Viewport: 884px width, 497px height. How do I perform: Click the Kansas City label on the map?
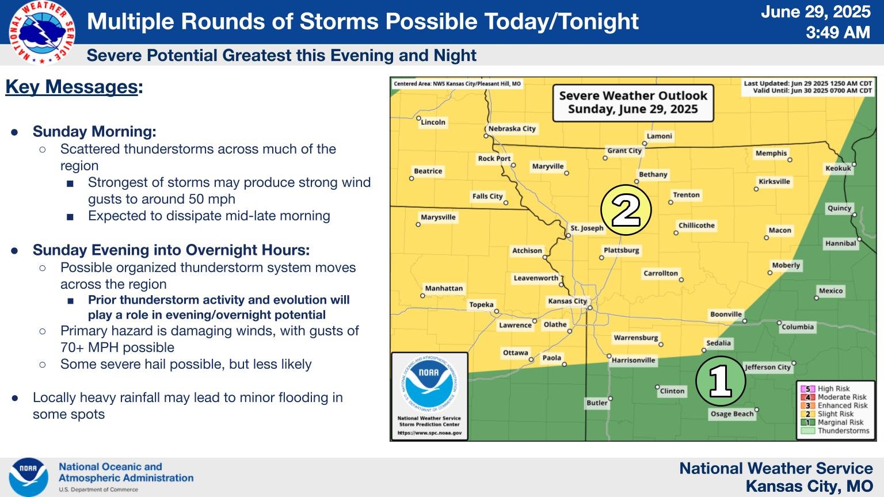[567, 301]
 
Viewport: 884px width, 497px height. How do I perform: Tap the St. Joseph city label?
[587, 228]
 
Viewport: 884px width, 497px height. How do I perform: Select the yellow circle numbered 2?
[626, 210]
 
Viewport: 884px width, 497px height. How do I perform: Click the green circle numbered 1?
[721, 381]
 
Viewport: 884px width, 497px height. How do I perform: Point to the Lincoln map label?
[433, 123]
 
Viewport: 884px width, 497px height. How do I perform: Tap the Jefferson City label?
[768, 367]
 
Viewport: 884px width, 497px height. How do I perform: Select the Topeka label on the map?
[482, 304]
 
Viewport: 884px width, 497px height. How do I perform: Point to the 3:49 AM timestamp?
[838, 32]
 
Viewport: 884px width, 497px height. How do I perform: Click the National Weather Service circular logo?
[42, 32]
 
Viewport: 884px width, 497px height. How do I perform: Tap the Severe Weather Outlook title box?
[633, 102]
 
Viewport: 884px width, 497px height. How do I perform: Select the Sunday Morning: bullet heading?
[94, 131]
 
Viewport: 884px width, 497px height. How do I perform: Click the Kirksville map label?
[774, 181]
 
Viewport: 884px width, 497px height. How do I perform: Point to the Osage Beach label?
[732, 414]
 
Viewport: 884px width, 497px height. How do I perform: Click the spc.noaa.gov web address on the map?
[429, 433]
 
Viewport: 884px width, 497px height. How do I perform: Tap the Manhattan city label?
[444, 288]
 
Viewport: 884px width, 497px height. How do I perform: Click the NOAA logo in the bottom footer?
[28, 477]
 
